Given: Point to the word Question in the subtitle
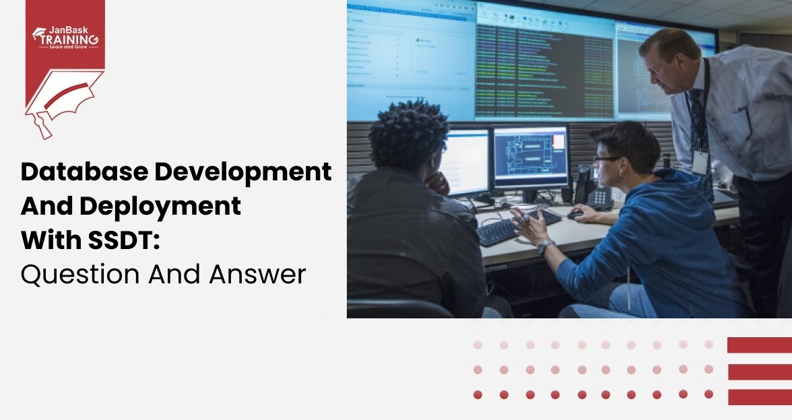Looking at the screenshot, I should click(x=79, y=274).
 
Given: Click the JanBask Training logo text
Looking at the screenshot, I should click(x=65, y=36).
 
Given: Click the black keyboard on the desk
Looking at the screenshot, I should click(x=519, y=226).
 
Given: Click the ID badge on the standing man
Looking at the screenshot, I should click(x=701, y=162).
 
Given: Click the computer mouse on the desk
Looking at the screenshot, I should click(x=574, y=215).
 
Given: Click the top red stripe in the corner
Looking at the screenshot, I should click(x=759, y=345).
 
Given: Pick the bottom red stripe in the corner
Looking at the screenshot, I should click(x=759, y=397).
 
